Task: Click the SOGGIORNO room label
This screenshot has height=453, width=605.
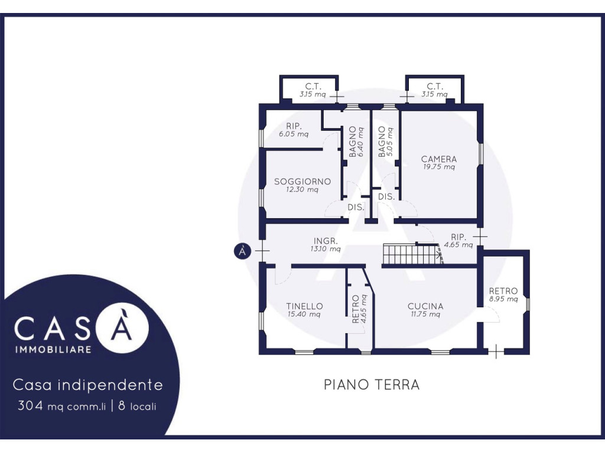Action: point(302,182)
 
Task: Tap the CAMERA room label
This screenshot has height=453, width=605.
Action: point(439,159)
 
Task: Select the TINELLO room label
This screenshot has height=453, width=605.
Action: point(304,306)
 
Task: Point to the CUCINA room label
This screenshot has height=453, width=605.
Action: point(425,306)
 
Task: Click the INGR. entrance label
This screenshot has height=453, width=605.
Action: point(326,241)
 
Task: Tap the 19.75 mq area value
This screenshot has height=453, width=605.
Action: point(439,167)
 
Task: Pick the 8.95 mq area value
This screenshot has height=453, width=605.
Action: point(503,299)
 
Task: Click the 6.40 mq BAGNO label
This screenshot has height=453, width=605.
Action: point(356,142)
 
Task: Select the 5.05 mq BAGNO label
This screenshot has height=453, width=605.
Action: point(385,142)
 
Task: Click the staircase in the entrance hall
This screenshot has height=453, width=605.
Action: point(412,254)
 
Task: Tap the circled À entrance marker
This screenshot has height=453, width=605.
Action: point(242,251)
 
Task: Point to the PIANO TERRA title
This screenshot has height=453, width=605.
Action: point(372,385)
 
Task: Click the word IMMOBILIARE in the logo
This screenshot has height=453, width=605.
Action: point(53,349)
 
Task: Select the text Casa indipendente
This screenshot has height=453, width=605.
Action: point(88,385)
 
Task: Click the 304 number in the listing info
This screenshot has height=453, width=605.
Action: point(30,406)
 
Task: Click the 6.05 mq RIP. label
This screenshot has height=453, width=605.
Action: point(294,130)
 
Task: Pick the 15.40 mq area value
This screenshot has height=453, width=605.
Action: point(304,314)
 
